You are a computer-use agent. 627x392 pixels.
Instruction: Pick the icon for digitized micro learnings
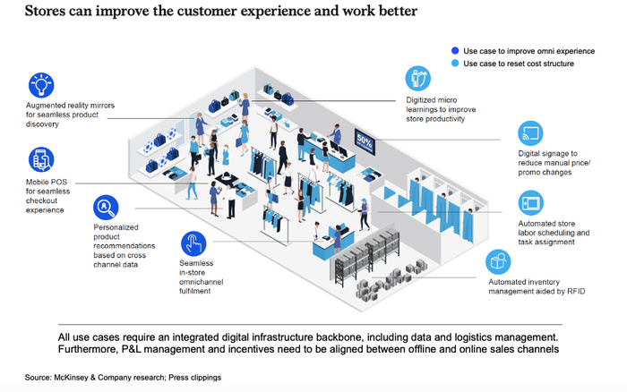[x=418, y=78]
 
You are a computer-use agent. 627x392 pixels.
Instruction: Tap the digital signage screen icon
[x=530, y=134]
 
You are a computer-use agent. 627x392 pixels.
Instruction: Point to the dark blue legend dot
[x=456, y=51]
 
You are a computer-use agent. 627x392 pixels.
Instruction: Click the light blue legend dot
[x=456, y=64]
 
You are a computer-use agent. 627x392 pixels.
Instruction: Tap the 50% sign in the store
[x=365, y=141]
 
